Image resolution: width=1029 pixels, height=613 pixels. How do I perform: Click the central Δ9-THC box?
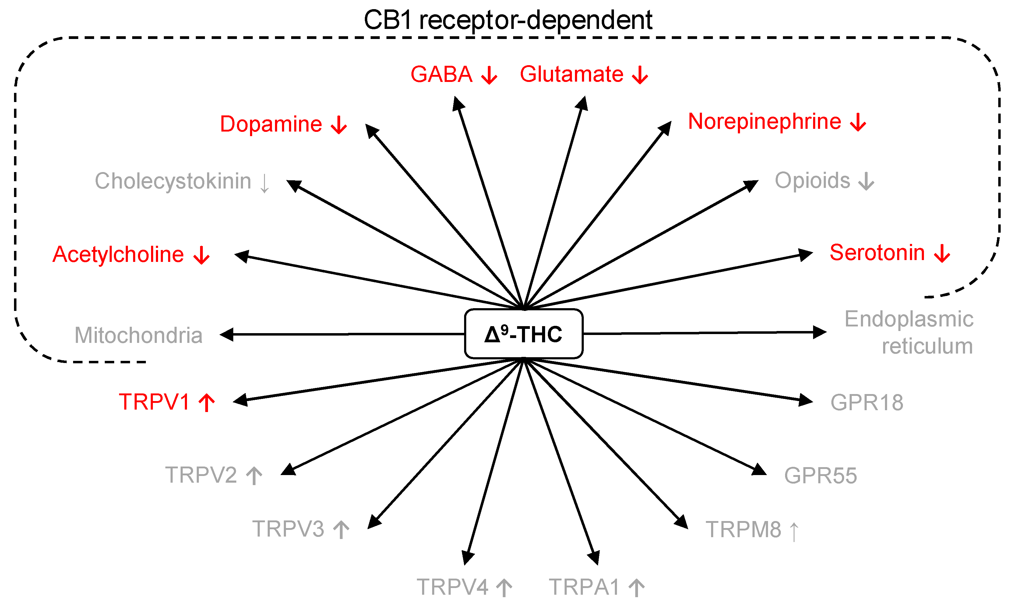click(x=523, y=334)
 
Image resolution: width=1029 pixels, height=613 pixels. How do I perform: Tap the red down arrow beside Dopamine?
click(x=339, y=124)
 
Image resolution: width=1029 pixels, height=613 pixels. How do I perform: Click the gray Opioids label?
click(x=812, y=181)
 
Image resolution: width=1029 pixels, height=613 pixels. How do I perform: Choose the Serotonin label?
click(x=877, y=252)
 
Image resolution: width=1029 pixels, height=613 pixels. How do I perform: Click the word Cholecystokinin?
click(x=173, y=181)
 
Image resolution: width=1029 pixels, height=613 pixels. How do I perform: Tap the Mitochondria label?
click(x=138, y=335)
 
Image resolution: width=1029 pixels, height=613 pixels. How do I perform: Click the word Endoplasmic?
click(x=909, y=319)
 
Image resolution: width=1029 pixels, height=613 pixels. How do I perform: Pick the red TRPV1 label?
click(x=154, y=401)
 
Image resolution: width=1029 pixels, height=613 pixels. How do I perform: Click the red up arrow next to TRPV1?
click(x=206, y=402)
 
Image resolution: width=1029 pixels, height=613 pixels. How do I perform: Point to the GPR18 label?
click(x=867, y=402)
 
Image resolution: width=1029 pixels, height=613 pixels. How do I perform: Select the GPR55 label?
click(x=820, y=475)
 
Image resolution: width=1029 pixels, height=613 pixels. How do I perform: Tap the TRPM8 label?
click(x=743, y=530)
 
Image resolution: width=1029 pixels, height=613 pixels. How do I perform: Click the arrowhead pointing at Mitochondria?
click(x=227, y=335)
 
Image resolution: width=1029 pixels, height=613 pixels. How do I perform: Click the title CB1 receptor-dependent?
click(x=508, y=20)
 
